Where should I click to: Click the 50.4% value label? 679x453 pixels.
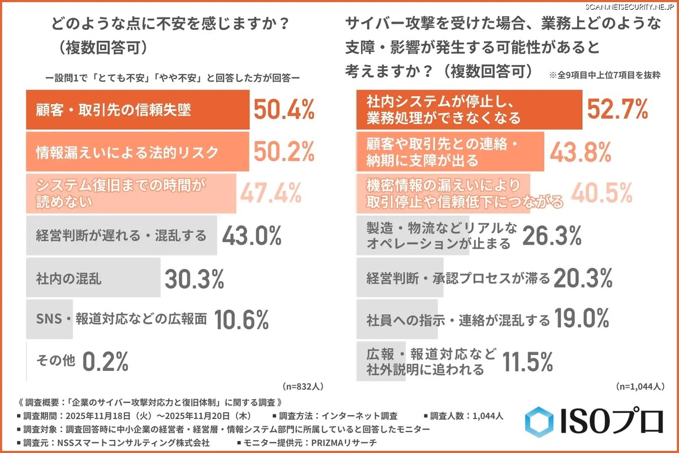pos(283,110)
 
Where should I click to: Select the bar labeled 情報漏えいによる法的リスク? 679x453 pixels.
pos(137,152)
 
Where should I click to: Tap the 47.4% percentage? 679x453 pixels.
pos(270,193)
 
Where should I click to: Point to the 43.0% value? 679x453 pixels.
pos(252,235)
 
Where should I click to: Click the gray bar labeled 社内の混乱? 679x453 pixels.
pos(93,279)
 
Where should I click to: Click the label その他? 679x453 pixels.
pos(55,361)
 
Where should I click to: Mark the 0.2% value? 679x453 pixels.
pos(106,361)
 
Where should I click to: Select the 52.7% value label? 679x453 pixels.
pos(617,109)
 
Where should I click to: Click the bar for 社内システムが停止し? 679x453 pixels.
pos(469,110)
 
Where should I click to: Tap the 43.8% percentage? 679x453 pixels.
pos(580,151)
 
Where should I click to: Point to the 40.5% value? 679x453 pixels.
pos(601,193)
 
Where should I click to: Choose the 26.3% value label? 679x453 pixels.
pos(552,236)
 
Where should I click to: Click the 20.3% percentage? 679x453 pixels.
pos(583,278)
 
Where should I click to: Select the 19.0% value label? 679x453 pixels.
pos(582,319)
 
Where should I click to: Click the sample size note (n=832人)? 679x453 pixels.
pos(303,387)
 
